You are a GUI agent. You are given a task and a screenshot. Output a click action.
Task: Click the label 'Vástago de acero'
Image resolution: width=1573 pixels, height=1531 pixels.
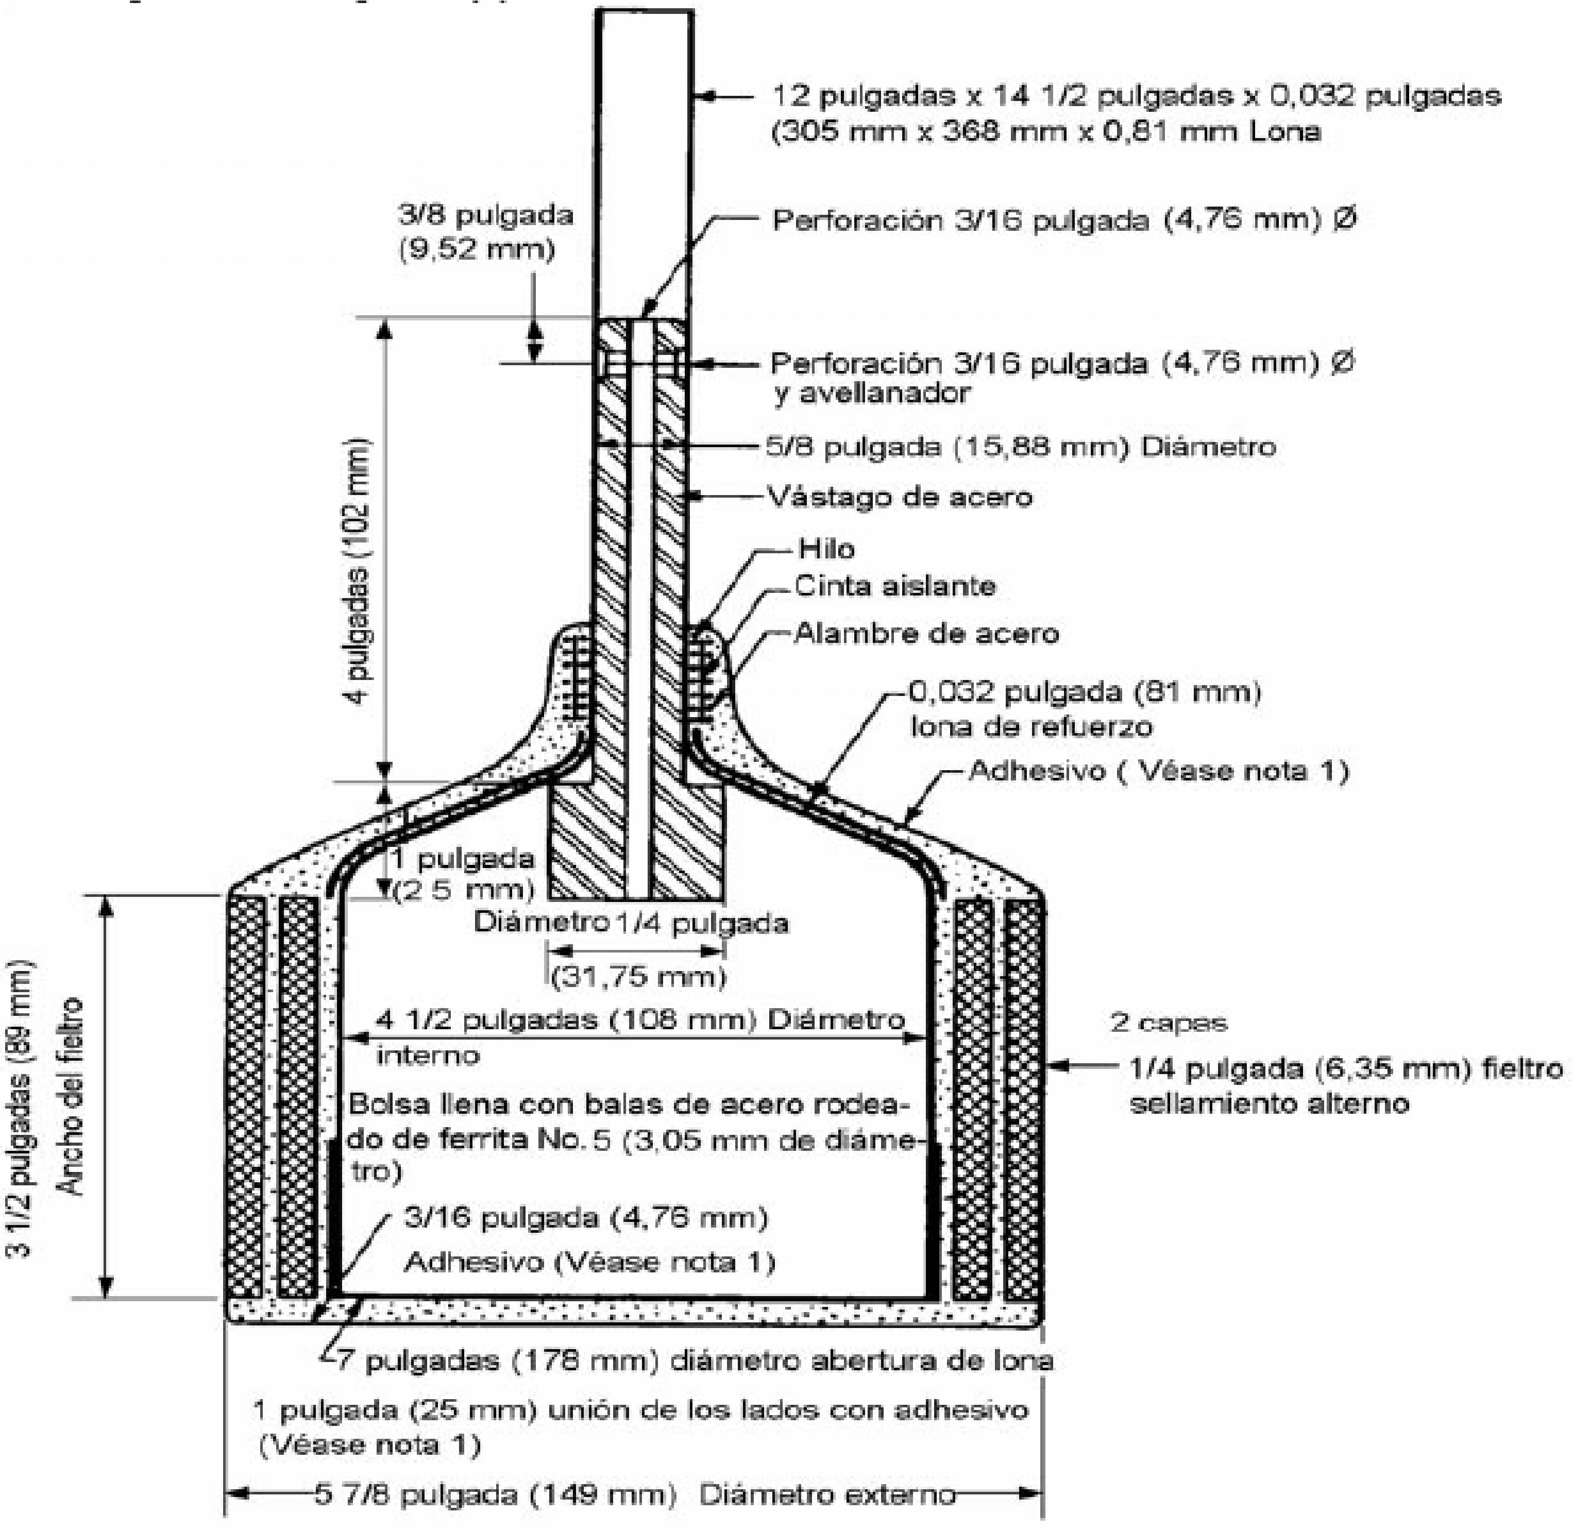(x=899, y=497)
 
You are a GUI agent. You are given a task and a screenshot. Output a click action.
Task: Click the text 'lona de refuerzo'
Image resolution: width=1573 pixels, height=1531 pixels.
(x=1031, y=727)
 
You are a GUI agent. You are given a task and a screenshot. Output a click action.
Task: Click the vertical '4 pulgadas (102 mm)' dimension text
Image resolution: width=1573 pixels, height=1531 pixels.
(x=358, y=571)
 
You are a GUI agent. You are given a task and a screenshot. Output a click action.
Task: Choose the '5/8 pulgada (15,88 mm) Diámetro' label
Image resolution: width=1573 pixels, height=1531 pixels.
(x=1020, y=447)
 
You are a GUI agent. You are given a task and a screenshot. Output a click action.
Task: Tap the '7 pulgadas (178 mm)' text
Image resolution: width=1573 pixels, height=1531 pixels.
(x=499, y=1360)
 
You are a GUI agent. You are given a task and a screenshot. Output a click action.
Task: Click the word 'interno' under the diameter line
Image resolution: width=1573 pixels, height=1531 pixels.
(x=428, y=1055)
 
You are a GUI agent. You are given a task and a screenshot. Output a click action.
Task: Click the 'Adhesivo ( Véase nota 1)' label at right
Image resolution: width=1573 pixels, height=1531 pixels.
(x=1159, y=771)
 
